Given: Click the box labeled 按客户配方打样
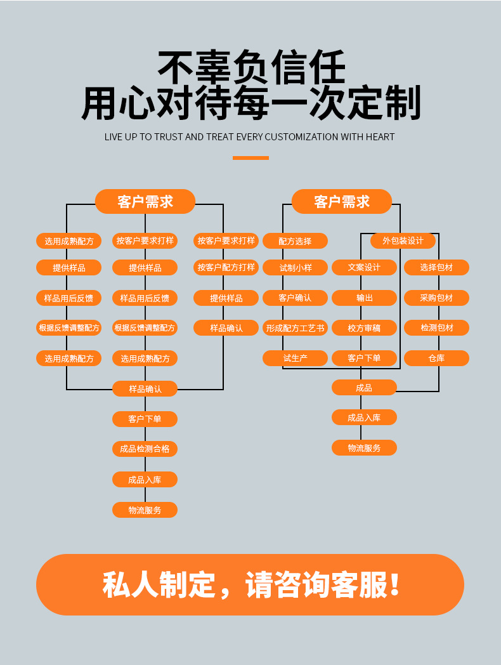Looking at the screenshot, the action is coord(226,268).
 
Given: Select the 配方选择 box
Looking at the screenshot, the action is coord(295,241).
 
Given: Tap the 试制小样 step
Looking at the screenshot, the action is coord(295,268).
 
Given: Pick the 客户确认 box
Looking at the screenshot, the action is coord(295,298).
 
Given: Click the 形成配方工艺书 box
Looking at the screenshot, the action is coord(295,328).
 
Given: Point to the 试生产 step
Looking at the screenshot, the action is coord(295,359).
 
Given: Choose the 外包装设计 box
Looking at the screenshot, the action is coord(403,241).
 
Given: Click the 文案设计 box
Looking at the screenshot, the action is coord(364,268).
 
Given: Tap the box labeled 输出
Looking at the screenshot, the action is coord(364,298).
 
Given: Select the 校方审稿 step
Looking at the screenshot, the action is coord(364,328).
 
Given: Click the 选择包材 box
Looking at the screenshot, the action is coord(436,268).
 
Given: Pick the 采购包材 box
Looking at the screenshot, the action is coord(436,298).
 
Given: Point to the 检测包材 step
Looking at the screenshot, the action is coord(436,328).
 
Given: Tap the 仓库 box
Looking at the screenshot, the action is coord(436,359).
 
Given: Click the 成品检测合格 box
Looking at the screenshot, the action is coord(145,449).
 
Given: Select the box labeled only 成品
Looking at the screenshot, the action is coord(364,388).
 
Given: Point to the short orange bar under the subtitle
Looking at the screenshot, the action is coord(251,158).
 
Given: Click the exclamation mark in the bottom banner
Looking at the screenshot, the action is coord(394,585).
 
